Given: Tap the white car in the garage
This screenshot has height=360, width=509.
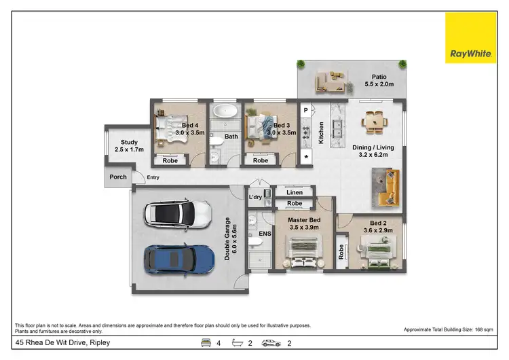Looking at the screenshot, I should [177, 215].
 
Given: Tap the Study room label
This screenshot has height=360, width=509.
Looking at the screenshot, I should [129, 145].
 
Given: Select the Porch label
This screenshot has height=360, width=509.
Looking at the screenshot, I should [118, 177].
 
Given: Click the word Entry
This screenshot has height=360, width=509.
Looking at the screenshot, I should [153, 177].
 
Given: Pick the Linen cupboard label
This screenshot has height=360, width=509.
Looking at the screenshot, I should [294, 192].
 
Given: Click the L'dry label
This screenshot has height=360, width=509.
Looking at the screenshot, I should [255, 197].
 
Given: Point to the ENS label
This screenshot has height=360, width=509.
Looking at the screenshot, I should [265, 234].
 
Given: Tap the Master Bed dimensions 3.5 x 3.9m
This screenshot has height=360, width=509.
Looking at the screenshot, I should [303, 227].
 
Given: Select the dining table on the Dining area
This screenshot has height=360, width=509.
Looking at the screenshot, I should [374, 122].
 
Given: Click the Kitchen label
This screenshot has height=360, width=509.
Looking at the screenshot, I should [321, 132].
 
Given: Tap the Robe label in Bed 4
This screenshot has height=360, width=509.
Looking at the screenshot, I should [170, 161].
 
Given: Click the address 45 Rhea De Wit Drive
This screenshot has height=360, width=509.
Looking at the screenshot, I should [62, 343].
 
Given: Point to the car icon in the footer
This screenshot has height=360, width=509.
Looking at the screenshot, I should [271, 344].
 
